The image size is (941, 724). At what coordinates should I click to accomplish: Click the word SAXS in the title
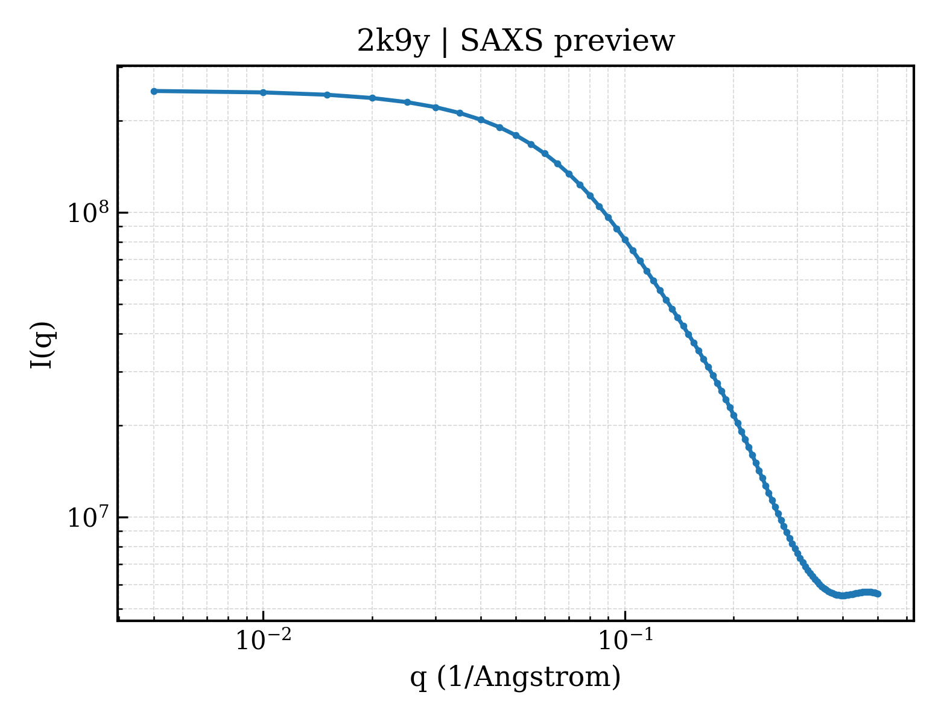501,42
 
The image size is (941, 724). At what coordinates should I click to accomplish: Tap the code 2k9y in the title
393,43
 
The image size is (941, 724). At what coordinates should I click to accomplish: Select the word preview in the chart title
615,43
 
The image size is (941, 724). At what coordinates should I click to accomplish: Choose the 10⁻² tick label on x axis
263,640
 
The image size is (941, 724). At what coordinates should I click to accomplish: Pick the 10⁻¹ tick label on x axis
626,640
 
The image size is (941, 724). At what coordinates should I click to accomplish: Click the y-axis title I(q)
42,345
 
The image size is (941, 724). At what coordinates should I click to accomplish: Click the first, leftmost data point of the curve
154,91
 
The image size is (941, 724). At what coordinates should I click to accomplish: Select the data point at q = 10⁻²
263,93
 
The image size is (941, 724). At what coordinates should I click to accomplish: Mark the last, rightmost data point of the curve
878,594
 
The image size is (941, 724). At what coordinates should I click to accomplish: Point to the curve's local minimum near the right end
843,596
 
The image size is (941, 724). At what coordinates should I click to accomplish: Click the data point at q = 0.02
372,98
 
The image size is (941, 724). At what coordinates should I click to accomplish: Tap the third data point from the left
327,95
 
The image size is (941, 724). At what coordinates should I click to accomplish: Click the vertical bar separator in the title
445,43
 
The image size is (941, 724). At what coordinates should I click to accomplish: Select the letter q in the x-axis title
418,680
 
